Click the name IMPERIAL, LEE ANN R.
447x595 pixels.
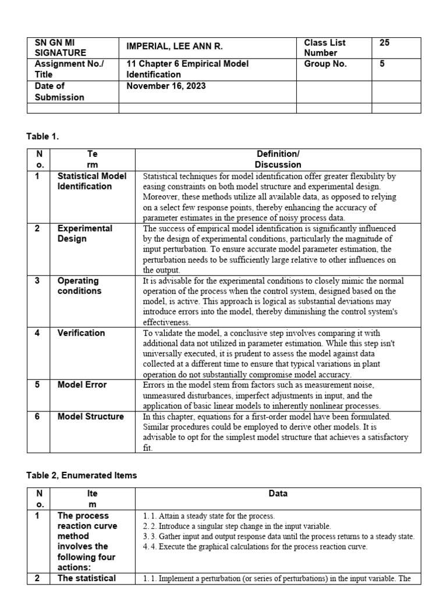(x=175, y=47)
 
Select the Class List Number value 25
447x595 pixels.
(x=385, y=43)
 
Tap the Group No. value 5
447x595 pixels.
(x=382, y=64)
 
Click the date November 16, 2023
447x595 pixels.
(x=166, y=86)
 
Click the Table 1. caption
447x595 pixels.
(x=43, y=136)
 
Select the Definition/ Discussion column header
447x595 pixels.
(x=278, y=159)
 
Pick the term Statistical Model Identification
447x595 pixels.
(x=91, y=181)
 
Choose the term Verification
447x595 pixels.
(x=81, y=333)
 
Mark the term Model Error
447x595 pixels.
(x=82, y=385)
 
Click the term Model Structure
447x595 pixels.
(x=91, y=417)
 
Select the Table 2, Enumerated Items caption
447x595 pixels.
(x=81, y=475)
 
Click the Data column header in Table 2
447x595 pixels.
(x=278, y=494)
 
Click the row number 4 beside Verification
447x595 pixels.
(x=37, y=333)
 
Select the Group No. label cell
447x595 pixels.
(x=325, y=64)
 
